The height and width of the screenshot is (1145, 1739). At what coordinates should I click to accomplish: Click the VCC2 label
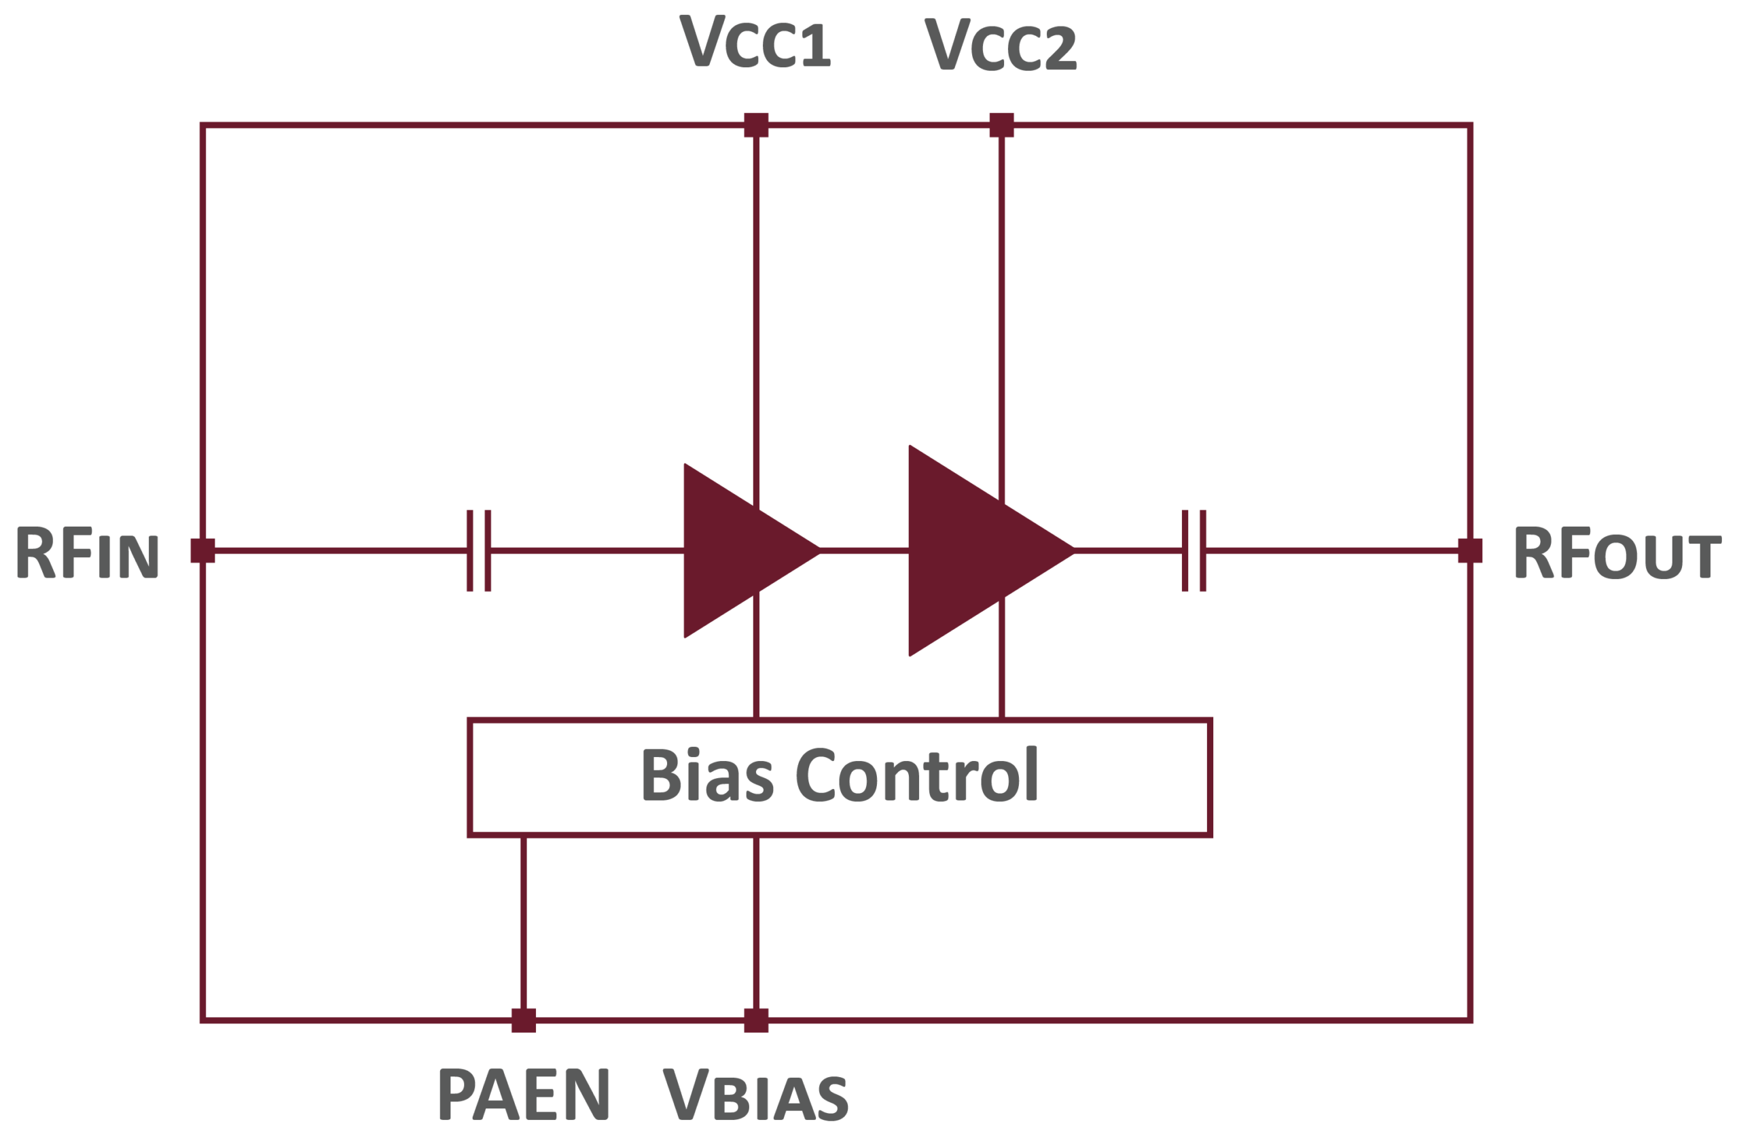1001,46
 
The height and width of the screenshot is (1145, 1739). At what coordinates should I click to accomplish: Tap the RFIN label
88,553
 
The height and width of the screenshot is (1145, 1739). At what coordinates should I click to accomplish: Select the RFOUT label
1616,553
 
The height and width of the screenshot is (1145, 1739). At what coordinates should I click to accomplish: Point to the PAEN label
523,1094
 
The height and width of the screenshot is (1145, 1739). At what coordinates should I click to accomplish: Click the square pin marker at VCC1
756,125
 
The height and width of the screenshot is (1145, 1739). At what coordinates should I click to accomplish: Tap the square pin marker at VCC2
1002,125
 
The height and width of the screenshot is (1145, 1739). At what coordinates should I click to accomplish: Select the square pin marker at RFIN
202,551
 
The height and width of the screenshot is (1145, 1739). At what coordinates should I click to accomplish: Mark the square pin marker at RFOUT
1470,551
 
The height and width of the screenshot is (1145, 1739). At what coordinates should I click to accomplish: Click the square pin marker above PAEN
523,1020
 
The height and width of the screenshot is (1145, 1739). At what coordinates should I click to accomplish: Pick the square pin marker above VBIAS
756,1020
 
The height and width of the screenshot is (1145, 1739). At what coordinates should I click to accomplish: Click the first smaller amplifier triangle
731,551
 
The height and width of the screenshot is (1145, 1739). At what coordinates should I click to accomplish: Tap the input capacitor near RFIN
479,551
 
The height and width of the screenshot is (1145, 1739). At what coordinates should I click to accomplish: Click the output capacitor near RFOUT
1194,551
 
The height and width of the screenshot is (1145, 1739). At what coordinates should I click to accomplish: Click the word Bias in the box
706,775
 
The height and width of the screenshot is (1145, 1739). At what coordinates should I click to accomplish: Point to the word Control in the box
917,775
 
